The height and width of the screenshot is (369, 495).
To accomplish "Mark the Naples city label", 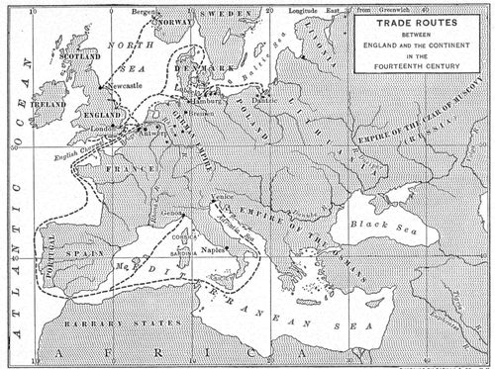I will pos(221,251).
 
